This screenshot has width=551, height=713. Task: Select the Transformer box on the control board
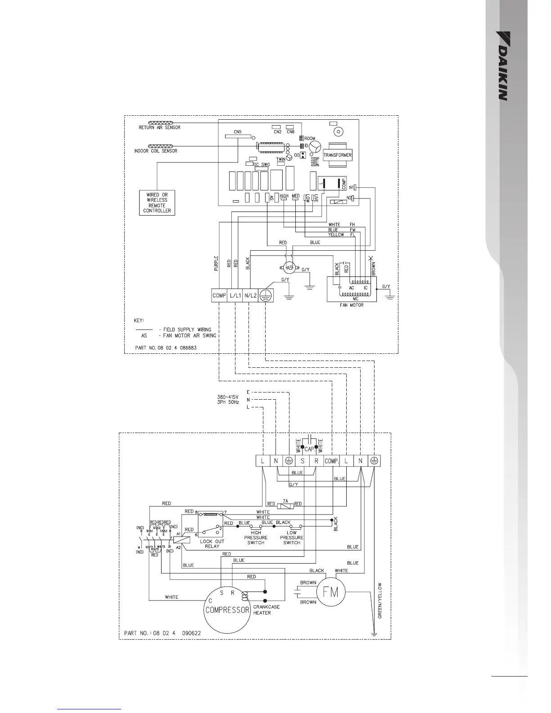click(x=337, y=155)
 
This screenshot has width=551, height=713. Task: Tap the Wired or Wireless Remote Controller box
click(x=157, y=203)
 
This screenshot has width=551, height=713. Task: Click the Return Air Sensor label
click(x=159, y=128)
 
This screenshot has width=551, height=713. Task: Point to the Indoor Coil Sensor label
click(x=156, y=151)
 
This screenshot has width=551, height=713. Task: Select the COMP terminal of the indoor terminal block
click(x=219, y=296)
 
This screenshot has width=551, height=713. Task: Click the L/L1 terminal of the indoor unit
click(x=235, y=296)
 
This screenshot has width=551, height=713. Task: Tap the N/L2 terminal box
click(x=250, y=296)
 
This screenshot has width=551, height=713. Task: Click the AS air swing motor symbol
click(x=289, y=267)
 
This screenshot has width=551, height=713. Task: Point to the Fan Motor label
click(x=351, y=305)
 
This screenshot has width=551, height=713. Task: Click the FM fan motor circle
click(x=331, y=592)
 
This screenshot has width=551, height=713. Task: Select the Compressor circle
click(x=227, y=610)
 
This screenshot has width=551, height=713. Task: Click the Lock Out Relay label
click(x=212, y=544)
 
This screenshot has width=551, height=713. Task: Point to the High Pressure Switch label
click(x=256, y=537)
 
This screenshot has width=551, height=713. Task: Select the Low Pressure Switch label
click(x=292, y=537)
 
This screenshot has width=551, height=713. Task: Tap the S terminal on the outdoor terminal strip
click(x=303, y=461)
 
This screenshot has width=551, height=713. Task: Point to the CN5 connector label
click(x=237, y=132)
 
